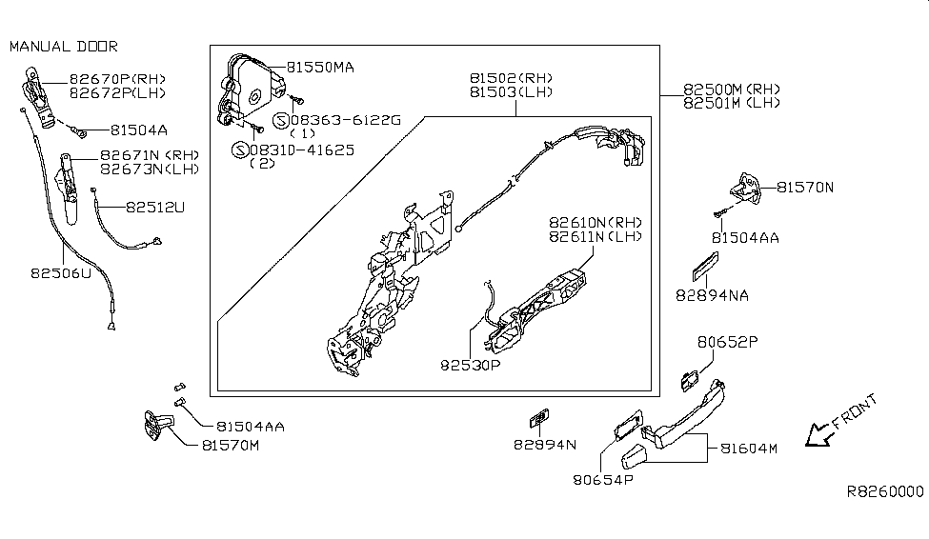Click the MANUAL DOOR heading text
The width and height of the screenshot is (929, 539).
coord(64,46)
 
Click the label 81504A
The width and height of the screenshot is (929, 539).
coord(138,130)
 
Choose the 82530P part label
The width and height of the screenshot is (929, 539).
coord(472,364)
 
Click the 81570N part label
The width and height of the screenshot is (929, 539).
coord(804,188)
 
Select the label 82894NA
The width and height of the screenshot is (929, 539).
coord(713,295)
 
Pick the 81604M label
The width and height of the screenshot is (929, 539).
coord(748,449)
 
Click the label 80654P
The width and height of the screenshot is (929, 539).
coord(603,479)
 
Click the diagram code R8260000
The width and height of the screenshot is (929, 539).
coord(885,491)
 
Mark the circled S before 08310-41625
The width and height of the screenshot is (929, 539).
coord(238,150)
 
